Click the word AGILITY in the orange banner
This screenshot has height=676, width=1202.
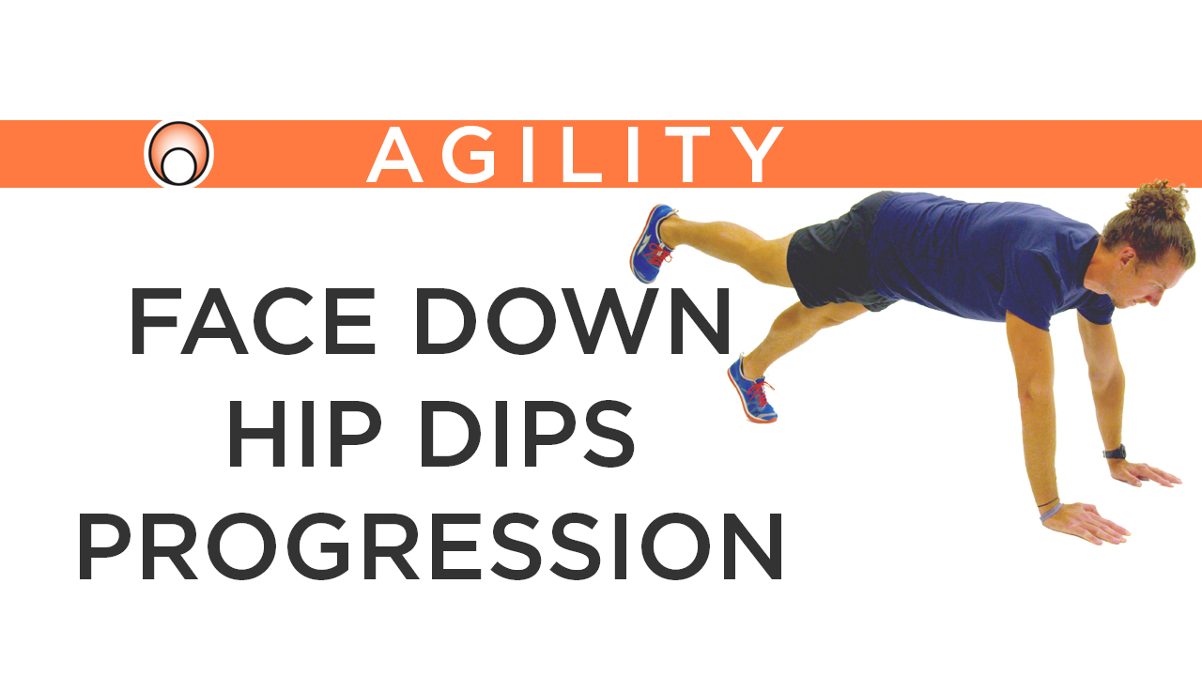coord(575,154)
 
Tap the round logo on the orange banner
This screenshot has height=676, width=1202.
coord(178,153)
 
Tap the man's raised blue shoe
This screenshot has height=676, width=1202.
coord(652,242)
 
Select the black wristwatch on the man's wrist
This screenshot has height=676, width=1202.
coord(1115,452)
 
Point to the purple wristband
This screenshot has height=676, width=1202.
coord(1050,510)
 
